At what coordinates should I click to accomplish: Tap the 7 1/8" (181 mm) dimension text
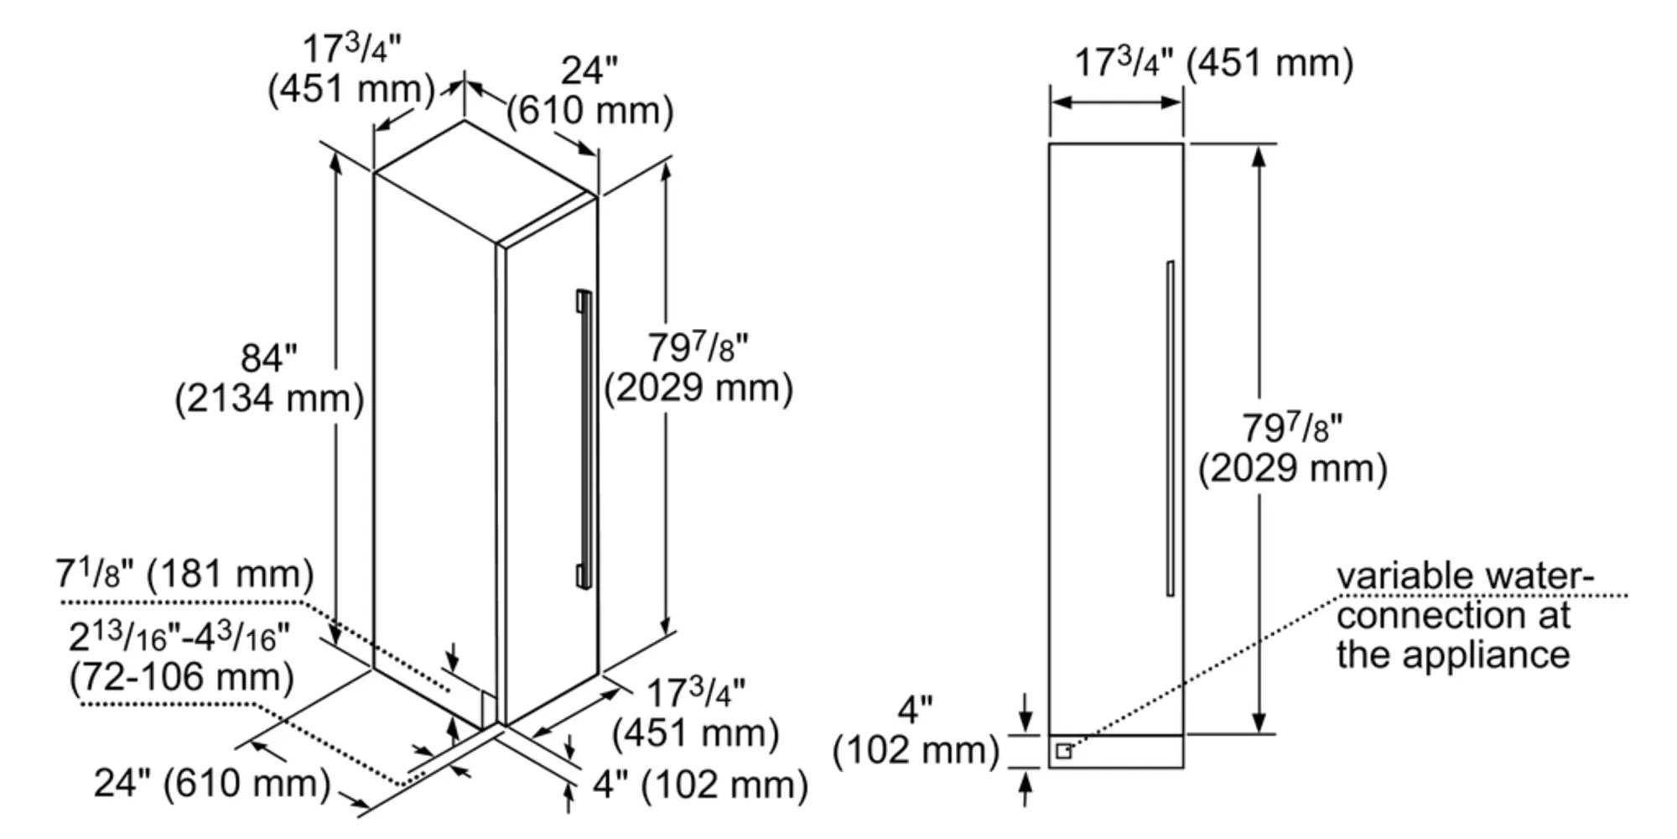(184, 575)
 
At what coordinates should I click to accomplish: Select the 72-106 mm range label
(181, 677)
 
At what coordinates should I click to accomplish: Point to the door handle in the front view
(1170, 428)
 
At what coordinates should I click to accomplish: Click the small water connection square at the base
(1063, 751)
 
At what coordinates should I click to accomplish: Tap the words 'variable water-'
(1463, 576)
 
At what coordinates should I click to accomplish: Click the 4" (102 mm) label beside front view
(916, 732)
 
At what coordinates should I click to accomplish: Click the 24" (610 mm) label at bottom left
(212, 784)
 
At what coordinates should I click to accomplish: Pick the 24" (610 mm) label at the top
(589, 91)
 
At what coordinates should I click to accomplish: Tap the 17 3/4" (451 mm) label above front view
(1213, 63)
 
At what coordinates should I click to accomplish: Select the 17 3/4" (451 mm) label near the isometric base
(696, 713)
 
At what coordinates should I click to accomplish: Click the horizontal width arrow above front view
(1116, 102)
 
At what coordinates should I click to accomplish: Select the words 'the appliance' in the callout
(1452, 654)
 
